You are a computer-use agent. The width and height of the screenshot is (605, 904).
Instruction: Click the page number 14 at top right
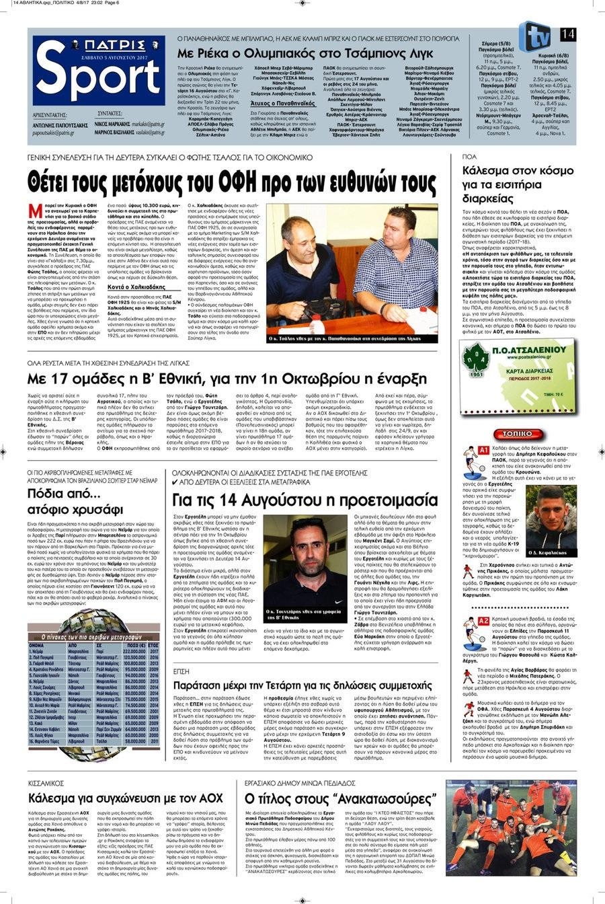point(567,34)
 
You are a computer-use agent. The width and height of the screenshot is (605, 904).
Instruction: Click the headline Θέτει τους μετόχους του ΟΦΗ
point(232,182)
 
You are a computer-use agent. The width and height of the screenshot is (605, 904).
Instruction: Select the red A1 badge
point(483,450)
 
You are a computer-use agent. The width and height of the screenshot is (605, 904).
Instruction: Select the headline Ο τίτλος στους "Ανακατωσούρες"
point(341,799)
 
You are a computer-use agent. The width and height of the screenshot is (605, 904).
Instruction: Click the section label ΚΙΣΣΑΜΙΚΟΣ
point(46,784)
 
